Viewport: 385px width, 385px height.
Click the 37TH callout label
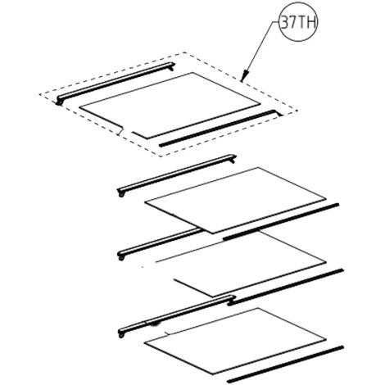(x=298, y=22)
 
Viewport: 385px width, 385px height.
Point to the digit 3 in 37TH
(x=284, y=22)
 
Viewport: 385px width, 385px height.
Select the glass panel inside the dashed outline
(x=170, y=104)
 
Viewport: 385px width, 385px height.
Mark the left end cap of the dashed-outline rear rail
(x=59, y=101)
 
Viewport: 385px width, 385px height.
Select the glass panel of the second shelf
(x=235, y=200)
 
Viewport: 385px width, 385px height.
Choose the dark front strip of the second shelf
(x=281, y=222)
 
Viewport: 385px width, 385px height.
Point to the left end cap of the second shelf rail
(x=120, y=192)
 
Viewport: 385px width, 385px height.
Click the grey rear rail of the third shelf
(x=160, y=244)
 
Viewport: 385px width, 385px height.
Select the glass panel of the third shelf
(x=240, y=264)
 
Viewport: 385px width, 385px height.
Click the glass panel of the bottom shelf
(x=235, y=341)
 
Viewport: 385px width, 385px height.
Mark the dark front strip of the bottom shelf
(x=285, y=365)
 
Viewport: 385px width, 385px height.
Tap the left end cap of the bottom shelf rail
(x=121, y=333)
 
